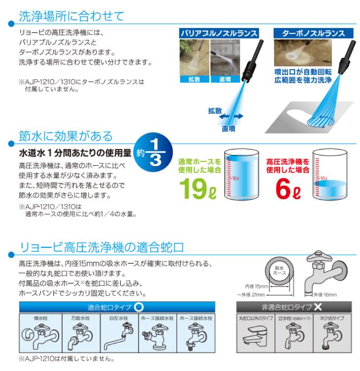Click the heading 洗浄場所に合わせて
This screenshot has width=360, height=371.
click(x=72, y=16)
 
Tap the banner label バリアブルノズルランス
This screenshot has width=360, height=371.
click(x=219, y=33)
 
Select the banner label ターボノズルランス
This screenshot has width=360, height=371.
click(x=314, y=33)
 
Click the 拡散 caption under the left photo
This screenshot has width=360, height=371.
click(x=194, y=79)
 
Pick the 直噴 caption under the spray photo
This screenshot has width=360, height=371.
click(x=225, y=79)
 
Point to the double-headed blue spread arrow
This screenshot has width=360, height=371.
click(x=231, y=116)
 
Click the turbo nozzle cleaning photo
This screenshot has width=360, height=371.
click(x=303, y=53)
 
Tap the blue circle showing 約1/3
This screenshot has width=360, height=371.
click(x=153, y=152)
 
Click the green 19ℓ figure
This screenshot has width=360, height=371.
click(x=198, y=188)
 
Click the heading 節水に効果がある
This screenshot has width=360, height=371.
click(x=66, y=136)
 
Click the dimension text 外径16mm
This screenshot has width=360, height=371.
click(x=325, y=295)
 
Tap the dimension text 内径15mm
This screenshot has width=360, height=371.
click(x=256, y=287)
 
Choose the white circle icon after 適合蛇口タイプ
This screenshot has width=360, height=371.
click(x=139, y=307)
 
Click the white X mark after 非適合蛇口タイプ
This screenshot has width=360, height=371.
click(x=318, y=307)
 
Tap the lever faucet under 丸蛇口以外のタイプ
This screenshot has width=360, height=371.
click(x=255, y=335)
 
